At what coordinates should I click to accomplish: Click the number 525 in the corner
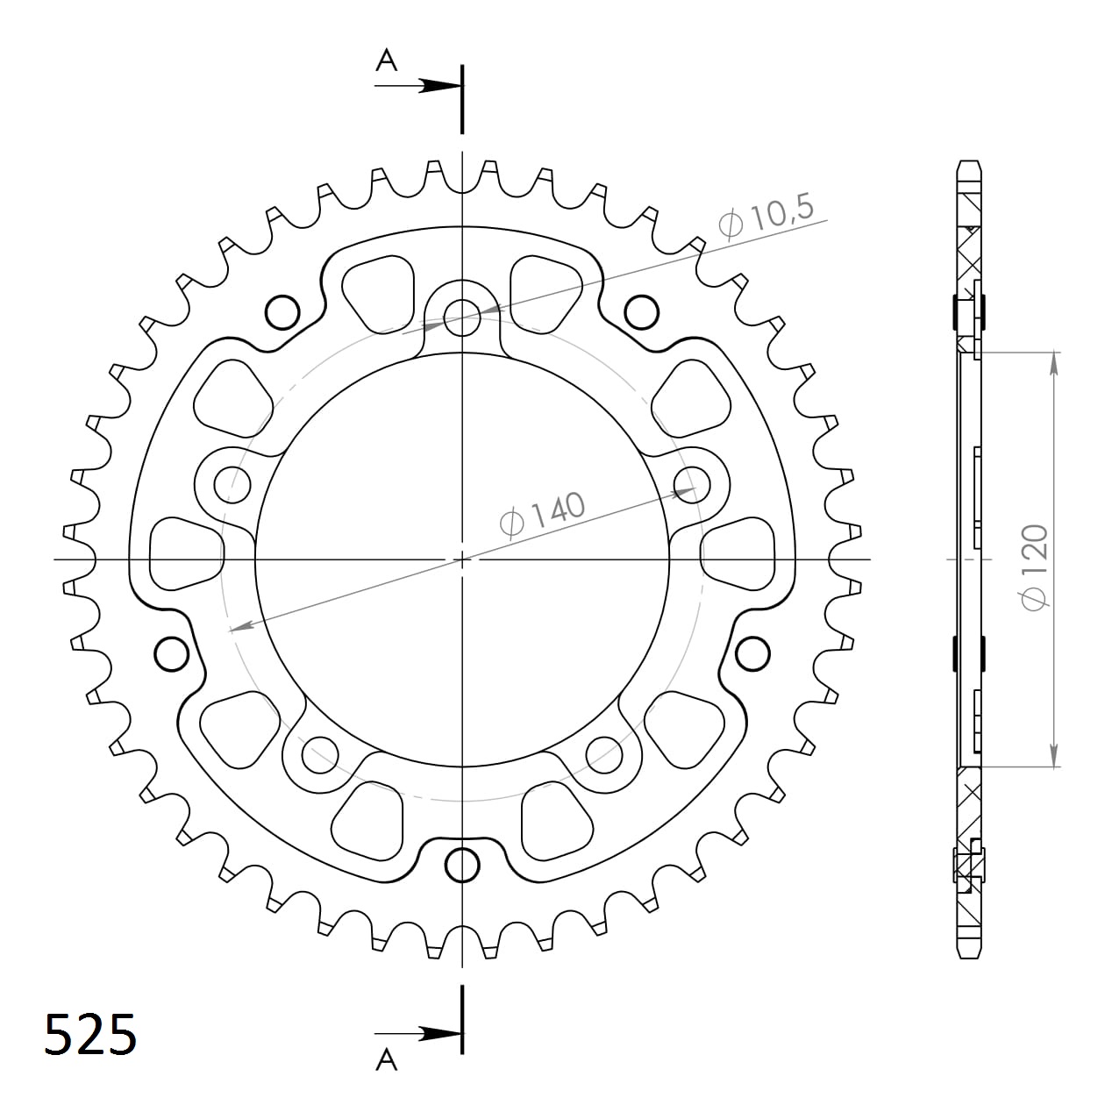[x=90, y=1034]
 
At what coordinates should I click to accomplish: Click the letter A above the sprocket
[x=387, y=61]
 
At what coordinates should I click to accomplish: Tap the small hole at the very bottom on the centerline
[x=462, y=865]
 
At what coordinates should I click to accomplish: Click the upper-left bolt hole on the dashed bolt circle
[x=232, y=479]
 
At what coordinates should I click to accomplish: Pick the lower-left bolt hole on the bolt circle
[x=320, y=752]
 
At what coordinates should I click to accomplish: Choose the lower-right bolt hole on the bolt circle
[x=604, y=752]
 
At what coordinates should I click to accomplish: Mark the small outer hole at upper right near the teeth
[x=642, y=310]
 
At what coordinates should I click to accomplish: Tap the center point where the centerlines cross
[x=462, y=559]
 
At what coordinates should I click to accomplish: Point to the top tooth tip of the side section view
[x=968, y=164]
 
